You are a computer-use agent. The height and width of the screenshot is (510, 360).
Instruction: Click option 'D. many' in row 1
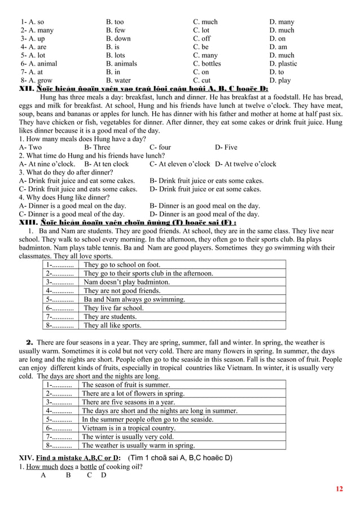[x=282, y=22]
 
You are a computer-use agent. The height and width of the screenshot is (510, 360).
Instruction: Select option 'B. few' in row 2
[x=116, y=30]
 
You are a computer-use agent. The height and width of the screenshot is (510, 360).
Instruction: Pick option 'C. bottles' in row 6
[x=207, y=64]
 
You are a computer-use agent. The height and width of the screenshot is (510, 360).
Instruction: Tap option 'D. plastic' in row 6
[x=283, y=64]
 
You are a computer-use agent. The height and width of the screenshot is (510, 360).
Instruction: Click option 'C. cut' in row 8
[x=202, y=81]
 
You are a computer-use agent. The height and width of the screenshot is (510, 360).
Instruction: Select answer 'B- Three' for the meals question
[x=97, y=147]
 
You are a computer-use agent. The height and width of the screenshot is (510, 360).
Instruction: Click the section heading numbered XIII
[x=128, y=223]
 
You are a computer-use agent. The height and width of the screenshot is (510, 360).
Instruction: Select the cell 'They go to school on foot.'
[x=122, y=265]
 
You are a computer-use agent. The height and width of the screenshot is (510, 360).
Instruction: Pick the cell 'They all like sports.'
[x=112, y=325]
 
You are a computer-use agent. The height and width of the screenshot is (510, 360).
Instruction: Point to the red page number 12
[x=339, y=489]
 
